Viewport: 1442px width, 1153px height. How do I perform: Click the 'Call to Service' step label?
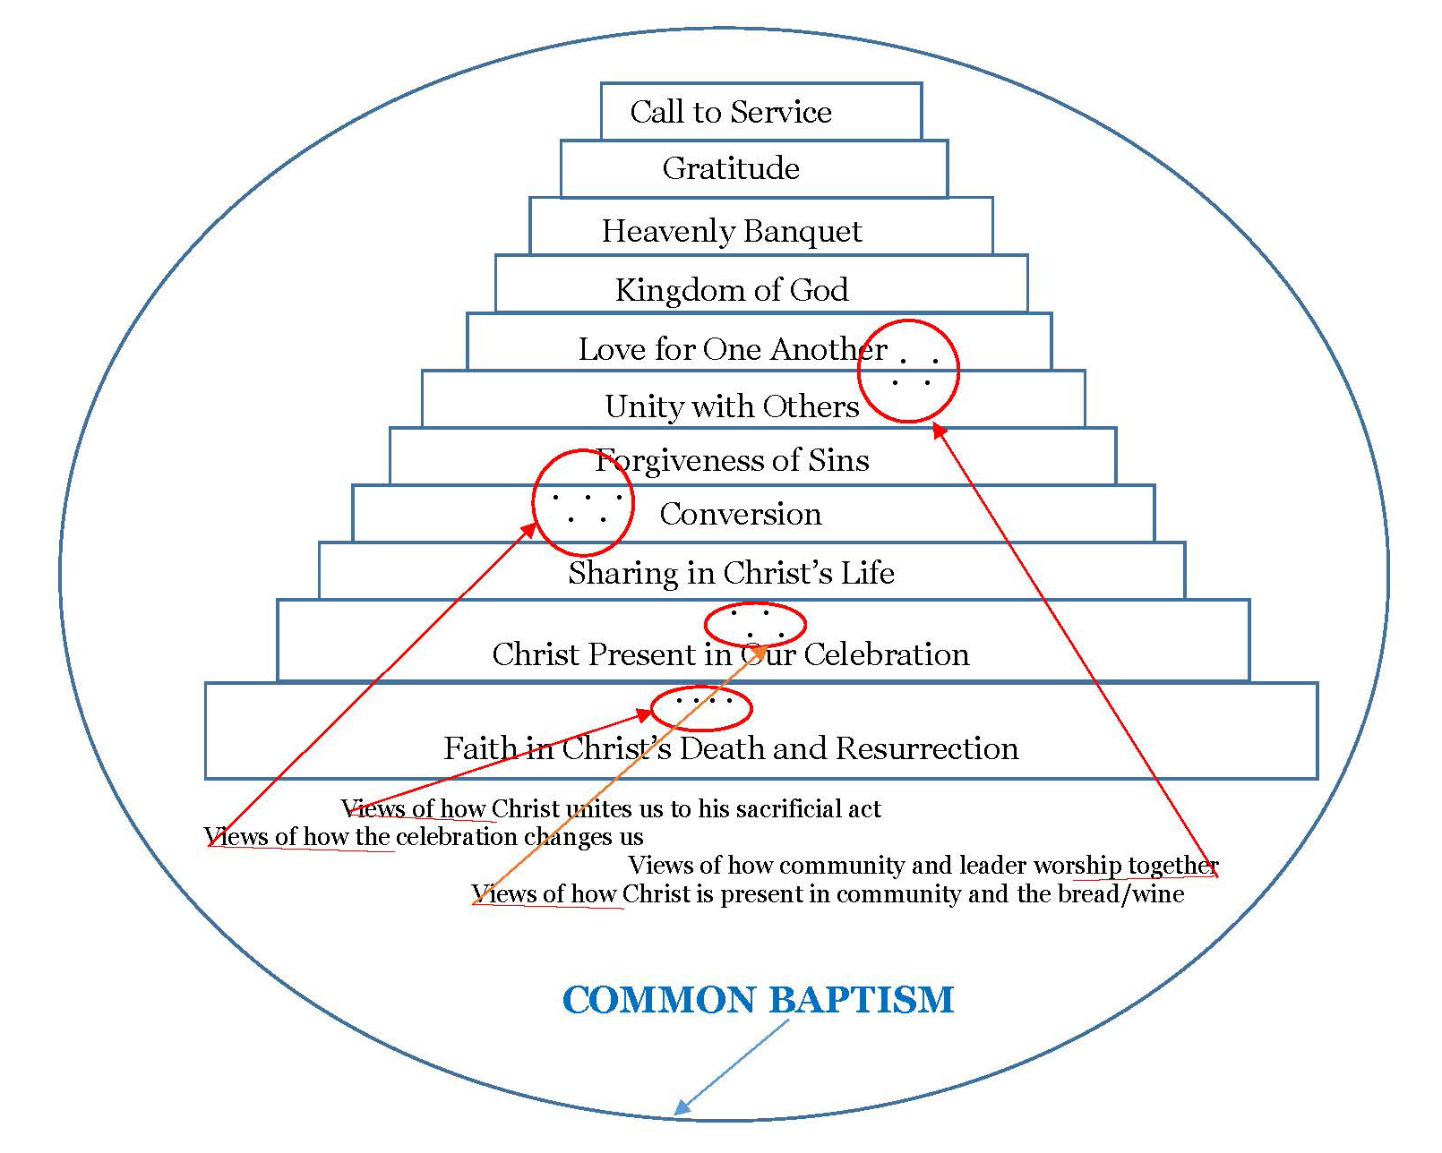coord(730,112)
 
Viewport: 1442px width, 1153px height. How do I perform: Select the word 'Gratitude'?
coord(731,168)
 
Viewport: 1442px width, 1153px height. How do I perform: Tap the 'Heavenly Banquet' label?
coord(731,231)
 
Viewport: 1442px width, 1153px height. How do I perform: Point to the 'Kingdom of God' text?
coord(731,290)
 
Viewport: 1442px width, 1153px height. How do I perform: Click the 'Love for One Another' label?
coord(731,349)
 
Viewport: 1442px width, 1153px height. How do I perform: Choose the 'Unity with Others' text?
coord(731,406)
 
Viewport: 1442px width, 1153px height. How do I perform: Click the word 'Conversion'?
coord(740,514)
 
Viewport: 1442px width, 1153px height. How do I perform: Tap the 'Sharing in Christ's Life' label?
coord(731,573)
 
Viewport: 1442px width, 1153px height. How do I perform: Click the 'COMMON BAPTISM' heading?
coord(758,1000)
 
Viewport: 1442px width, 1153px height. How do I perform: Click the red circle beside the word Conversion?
coord(583,502)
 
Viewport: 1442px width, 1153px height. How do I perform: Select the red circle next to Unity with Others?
coord(908,371)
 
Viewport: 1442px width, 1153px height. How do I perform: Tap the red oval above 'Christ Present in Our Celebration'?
coord(755,624)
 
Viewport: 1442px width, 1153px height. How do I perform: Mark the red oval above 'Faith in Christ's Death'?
coord(700,708)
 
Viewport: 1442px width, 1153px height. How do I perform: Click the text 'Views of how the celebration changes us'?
coord(424,837)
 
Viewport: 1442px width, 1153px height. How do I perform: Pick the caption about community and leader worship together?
coord(923,866)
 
